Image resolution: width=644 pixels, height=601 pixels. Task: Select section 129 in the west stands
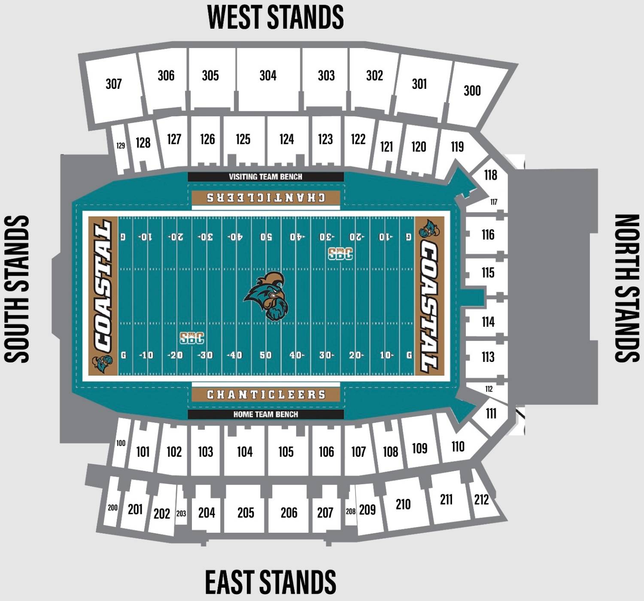tap(121, 146)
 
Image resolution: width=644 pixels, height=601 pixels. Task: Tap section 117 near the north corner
tap(494, 202)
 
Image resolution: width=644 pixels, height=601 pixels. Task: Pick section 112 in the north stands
tap(489, 389)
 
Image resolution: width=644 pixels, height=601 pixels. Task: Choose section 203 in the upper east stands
tap(181, 513)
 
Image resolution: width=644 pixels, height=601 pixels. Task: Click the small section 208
tap(350, 511)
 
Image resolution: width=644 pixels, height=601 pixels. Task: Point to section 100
tap(121, 443)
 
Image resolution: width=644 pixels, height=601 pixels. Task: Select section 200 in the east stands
tap(112, 508)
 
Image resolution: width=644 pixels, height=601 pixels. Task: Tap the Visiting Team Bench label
tap(265, 177)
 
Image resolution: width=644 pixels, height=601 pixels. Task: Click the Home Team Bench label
tap(265, 414)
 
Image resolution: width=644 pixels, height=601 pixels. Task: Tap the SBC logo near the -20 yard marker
tap(192, 338)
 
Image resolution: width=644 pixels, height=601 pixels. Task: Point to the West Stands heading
tap(275, 18)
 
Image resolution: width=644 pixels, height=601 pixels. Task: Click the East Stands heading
tap(270, 582)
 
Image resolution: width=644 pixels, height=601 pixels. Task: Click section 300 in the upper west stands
tap(472, 91)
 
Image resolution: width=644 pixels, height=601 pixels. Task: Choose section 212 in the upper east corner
tap(481, 499)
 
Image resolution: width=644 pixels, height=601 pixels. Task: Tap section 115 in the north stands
tap(488, 273)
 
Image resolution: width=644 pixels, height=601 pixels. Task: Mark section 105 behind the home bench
tap(286, 452)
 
